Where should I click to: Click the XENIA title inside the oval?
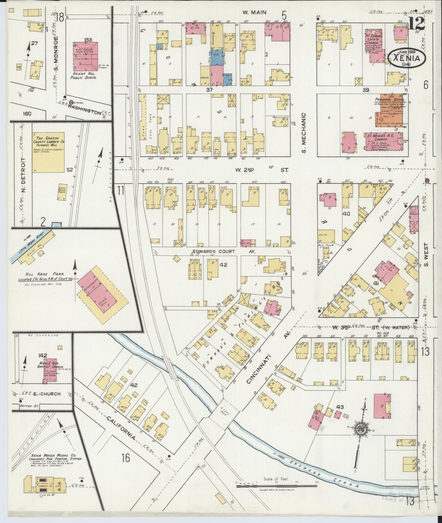(x=406, y=58)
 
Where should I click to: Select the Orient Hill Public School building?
(x=85, y=57)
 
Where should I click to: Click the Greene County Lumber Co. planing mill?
(x=48, y=152)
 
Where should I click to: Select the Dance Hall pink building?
(x=105, y=301)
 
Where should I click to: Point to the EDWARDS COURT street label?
(x=214, y=251)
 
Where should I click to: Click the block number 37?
(x=209, y=90)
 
